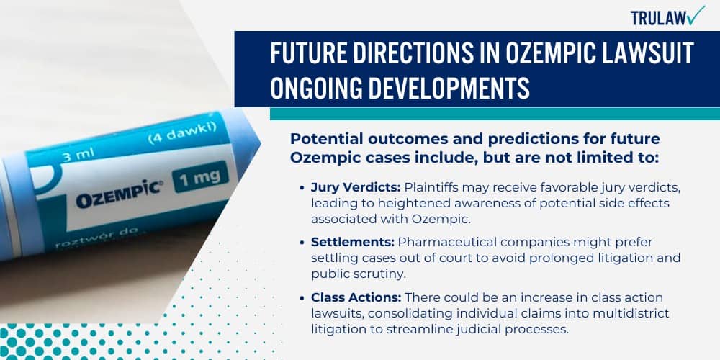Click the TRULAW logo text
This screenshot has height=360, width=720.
[657, 17]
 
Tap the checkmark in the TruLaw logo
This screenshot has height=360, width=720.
[696, 14]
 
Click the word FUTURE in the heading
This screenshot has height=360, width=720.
[309, 54]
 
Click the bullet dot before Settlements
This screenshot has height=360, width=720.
[302, 243]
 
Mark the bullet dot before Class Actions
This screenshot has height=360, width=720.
[302, 297]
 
